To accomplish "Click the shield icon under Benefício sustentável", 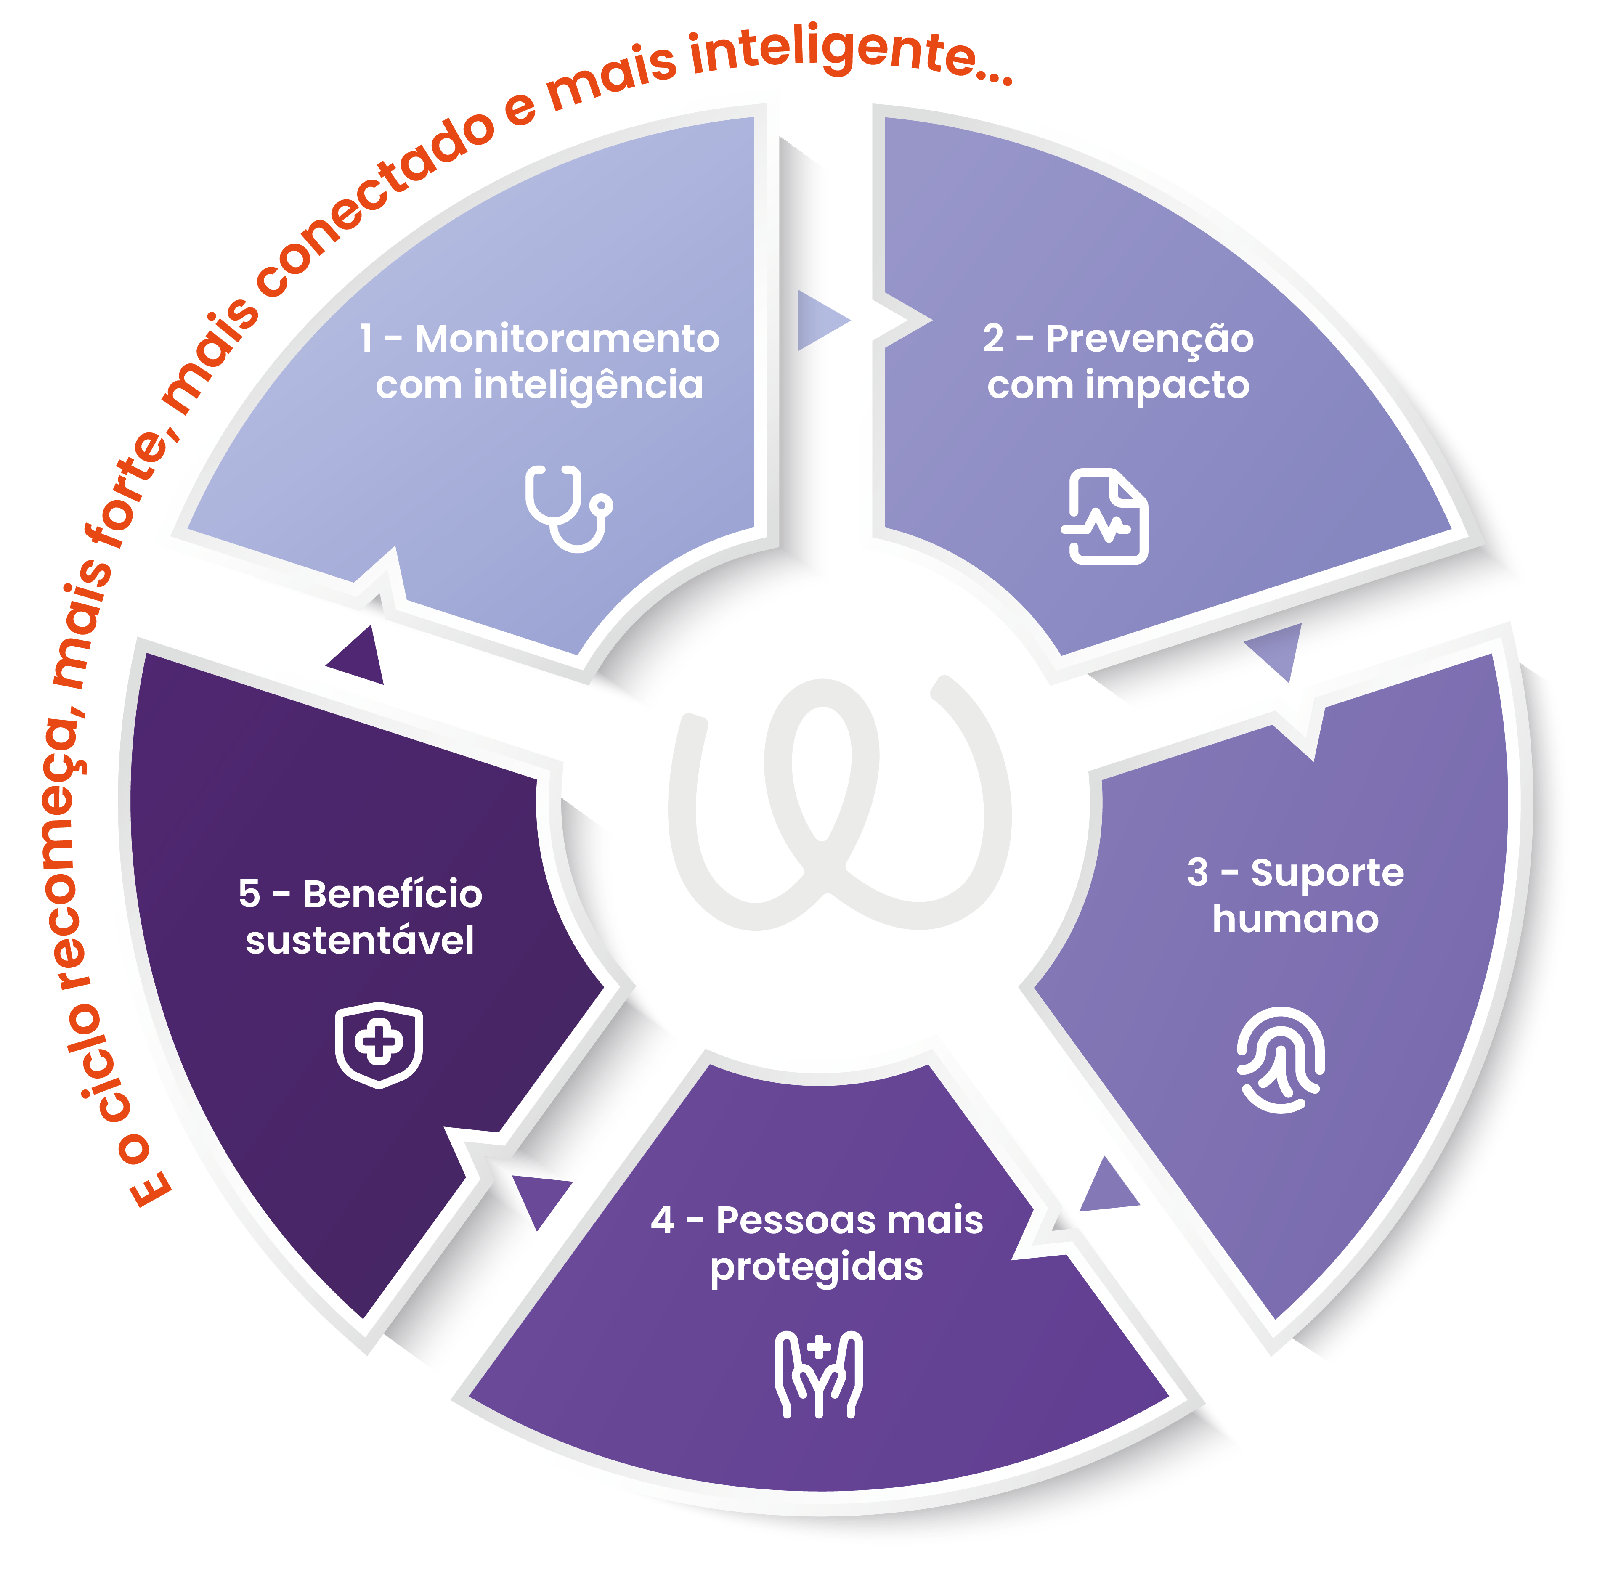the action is tap(379, 1045).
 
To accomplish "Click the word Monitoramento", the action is tap(567, 339).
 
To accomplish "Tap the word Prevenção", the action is tap(1149, 339).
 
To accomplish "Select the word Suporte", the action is tap(1327, 873).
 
